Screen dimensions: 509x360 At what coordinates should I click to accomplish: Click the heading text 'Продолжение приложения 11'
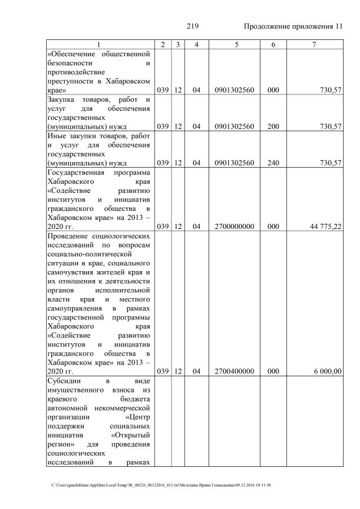coord(293,26)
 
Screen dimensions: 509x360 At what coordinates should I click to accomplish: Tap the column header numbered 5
coord(234,44)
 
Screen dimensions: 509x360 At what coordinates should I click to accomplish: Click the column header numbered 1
coord(99,44)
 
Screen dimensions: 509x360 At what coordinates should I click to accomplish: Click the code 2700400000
coord(234,372)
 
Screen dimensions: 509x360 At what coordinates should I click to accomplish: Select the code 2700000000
coord(234,227)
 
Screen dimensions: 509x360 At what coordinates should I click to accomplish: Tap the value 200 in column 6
coord(273,127)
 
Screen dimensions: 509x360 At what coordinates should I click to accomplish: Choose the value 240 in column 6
coord(273,163)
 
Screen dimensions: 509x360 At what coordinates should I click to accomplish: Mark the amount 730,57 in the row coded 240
coord(330,163)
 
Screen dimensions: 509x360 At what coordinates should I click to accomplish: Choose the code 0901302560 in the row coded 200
coord(234,127)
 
